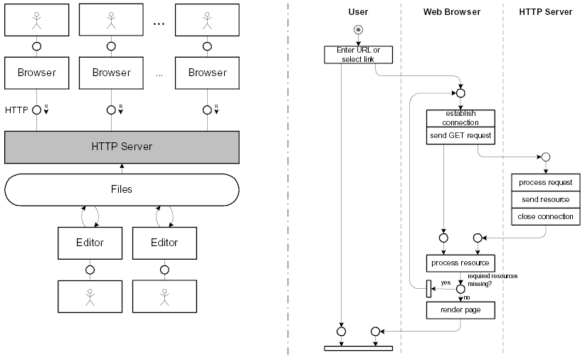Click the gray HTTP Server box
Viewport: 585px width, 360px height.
click(122, 147)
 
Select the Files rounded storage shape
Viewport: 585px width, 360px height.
click(122, 190)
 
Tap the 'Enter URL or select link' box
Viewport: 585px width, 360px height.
click(358, 54)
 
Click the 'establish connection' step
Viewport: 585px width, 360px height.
click(460, 118)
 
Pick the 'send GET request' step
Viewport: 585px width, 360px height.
click(460, 135)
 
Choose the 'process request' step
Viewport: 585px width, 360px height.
click(546, 183)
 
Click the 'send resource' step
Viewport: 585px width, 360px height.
click(546, 199)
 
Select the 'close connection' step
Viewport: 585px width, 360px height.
click(546, 216)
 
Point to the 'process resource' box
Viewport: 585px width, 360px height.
click(460, 263)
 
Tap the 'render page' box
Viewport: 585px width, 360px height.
click(460, 310)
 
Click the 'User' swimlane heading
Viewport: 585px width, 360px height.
click(358, 11)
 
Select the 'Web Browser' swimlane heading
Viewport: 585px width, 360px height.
click(452, 11)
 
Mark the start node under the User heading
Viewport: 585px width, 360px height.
click(358, 30)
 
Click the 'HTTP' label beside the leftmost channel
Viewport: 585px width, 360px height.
click(16, 110)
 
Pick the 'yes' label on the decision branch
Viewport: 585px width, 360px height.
click(446, 282)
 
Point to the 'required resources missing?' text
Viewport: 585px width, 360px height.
click(492, 279)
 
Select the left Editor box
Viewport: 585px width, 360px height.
click(90, 243)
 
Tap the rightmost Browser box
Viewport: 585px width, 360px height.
click(207, 73)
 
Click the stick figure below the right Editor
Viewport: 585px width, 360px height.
click(164, 297)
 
